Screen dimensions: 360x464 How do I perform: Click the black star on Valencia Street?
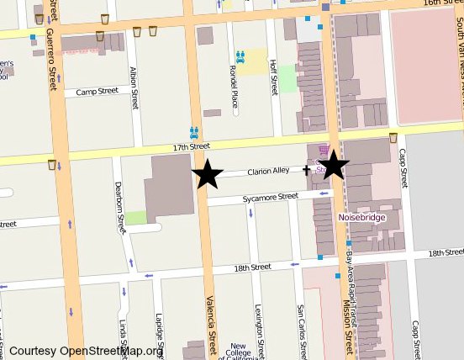click(x=208, y=175)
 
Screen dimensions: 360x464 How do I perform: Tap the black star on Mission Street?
click(x=334, y=165)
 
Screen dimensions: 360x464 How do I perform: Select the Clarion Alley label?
click(x=267, y=170)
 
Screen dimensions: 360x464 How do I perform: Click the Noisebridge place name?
click(x=361, y=217)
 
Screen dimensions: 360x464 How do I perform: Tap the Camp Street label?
click(x=97, y=92)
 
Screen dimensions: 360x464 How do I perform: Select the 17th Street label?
click(x=191, y=146)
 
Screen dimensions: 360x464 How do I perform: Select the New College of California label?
click(x=238, y=351)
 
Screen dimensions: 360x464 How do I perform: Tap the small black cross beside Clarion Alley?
click(x=307, y=171)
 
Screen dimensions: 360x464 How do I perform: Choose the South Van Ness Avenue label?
click(x=459, y=34)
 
